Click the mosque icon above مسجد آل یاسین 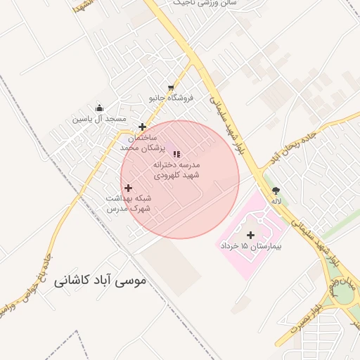(99, 108)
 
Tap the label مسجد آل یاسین (100, 119)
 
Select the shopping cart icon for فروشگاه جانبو (171, 89)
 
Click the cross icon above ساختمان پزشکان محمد (143, 127)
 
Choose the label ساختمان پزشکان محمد (141, 143)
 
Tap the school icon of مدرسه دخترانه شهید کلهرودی (176, 153)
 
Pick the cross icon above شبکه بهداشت (128, 188)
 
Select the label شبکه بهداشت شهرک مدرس (128, 204)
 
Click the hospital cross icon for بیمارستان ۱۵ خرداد (250, 235)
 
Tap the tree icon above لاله (276, 190)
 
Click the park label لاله (277, 201)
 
